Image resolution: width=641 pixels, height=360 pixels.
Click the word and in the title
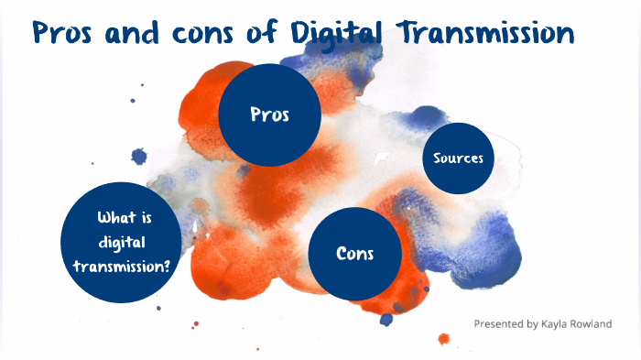(x=133, y=34)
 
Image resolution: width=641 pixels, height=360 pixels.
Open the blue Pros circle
(x=269, y=115)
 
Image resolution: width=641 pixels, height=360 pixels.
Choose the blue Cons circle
(x=355, y=254)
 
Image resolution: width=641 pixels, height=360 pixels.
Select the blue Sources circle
(x=458, y=158)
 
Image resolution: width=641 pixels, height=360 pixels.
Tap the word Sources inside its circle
(x=458, y=158)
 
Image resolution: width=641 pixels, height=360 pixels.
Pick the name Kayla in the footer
(x=561, y=324)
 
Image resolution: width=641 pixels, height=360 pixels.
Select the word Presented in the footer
(x=500, y=324)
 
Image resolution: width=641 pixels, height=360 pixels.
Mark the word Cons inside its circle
(x=355, y=254)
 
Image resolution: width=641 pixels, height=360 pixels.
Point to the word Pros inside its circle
(x=269, y=115)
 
